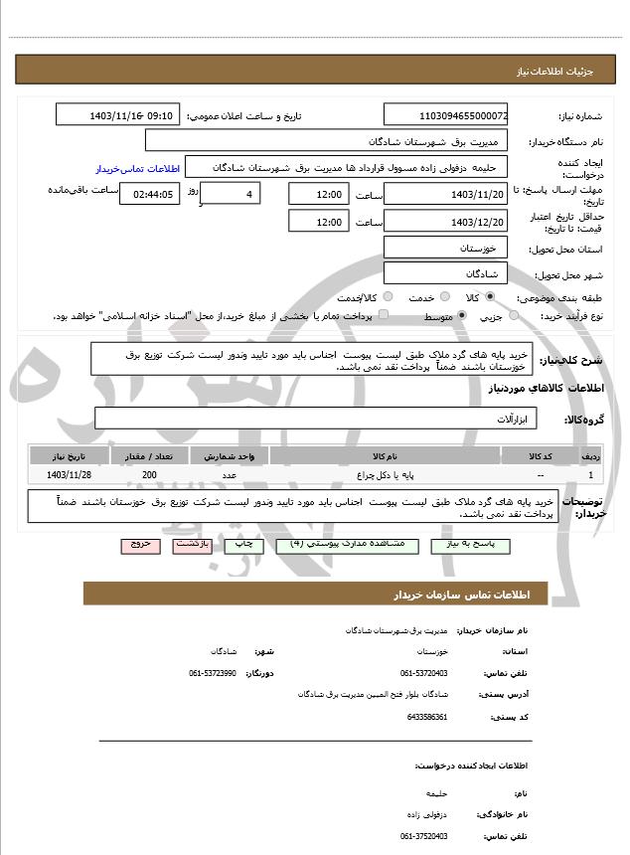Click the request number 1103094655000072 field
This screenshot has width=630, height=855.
446,115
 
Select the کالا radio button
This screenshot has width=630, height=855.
489,297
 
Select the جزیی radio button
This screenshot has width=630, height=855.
514,316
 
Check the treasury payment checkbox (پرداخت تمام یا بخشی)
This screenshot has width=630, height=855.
385,315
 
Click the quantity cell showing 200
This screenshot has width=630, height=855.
149,476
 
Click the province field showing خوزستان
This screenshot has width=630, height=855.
446,247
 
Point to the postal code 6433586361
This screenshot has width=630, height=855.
427,716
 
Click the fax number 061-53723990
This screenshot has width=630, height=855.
213,673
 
